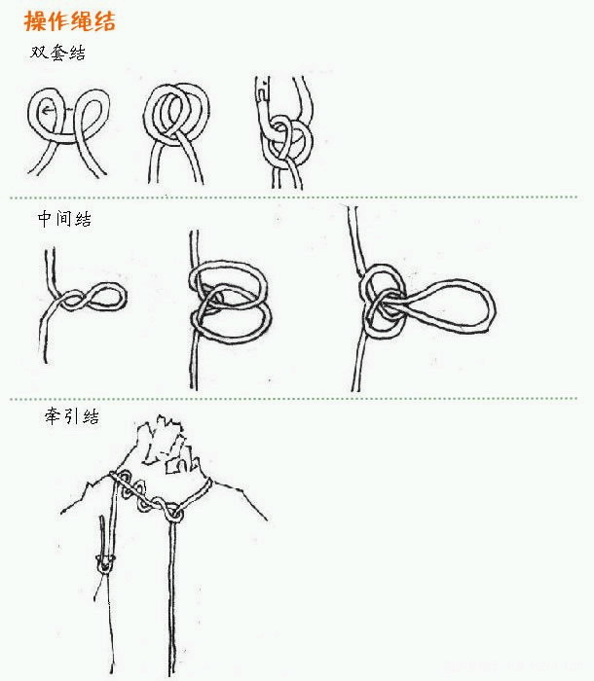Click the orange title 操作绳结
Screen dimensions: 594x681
point(69,20)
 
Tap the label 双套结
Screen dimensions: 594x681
point(57,53)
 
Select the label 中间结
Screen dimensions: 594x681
point(64,219)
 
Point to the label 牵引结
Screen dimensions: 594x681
point(72,416)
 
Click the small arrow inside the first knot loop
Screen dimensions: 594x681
point(49,111)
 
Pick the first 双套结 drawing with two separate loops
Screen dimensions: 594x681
point(68,132)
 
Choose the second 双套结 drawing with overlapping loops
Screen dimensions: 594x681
point(176,133)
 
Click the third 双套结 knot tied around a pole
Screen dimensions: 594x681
point(285,132)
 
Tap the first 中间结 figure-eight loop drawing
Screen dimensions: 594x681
point(83,304)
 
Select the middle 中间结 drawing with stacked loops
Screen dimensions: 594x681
point(228,309)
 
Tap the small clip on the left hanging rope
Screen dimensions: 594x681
point(105,563)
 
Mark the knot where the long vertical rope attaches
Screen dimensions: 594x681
point(174,514)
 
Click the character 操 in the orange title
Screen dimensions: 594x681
point(35,20)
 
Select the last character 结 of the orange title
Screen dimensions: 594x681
point(104,21)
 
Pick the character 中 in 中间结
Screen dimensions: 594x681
point(45,219)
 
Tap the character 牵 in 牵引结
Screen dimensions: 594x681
point(53,416)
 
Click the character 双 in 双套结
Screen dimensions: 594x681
point(38,53)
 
